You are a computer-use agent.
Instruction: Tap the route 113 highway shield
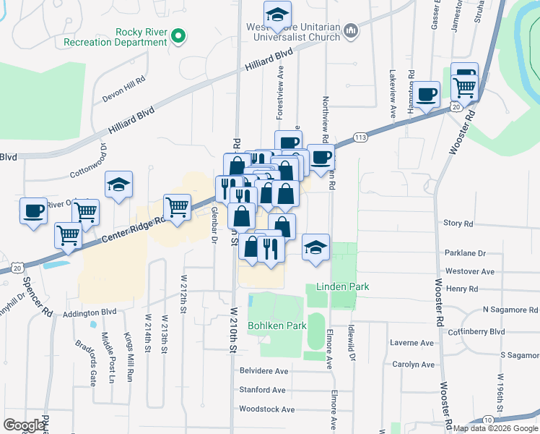tap(361, 137)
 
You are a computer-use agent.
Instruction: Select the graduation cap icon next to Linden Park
tap(315, 248)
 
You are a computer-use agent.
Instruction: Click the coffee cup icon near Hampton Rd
tap(427, 94)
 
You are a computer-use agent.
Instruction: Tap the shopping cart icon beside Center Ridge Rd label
tap(177, 208)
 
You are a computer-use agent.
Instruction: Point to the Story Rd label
tap(458, 224)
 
